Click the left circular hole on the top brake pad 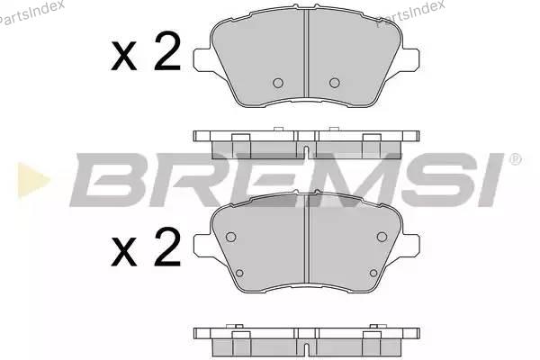[278, 83]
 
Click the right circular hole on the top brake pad [335, 83]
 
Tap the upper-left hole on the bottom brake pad [230, 237]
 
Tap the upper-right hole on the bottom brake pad [382, 237]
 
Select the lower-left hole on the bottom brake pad [239, 274]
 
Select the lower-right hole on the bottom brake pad [373, 274]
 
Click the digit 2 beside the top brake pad [167, 51]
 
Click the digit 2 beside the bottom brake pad [167, 247]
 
